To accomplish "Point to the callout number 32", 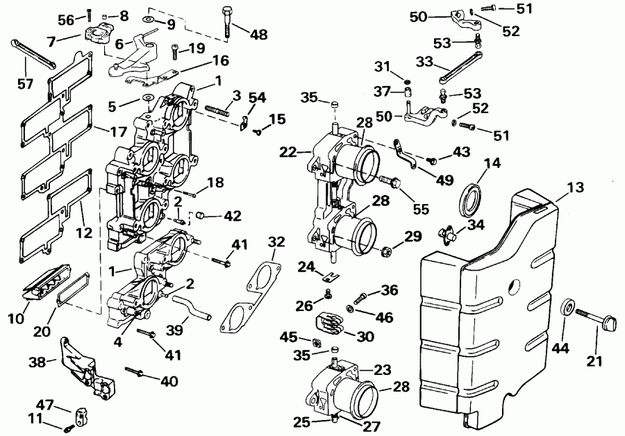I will (276, 242).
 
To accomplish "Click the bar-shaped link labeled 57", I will (32, 53).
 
